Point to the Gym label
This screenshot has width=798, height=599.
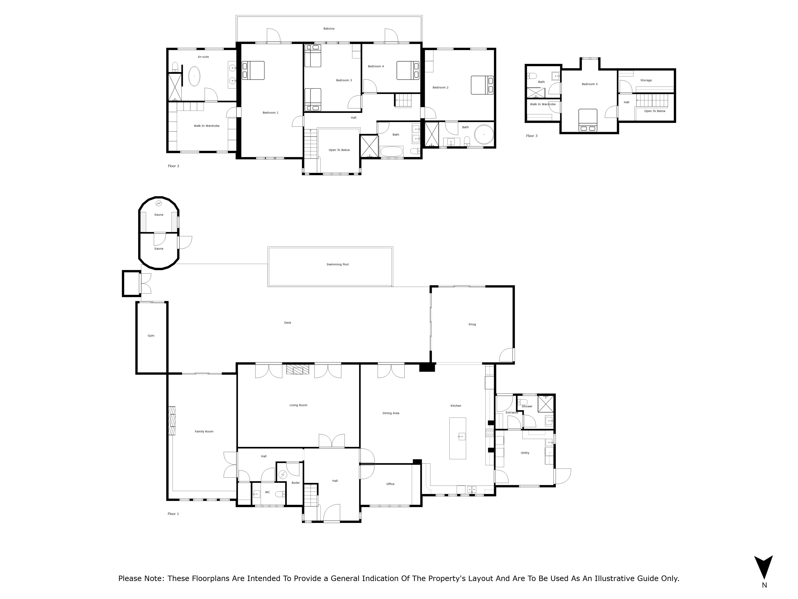click(x=151, y=336)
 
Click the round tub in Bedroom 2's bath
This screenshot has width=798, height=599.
click(x=483, y=135)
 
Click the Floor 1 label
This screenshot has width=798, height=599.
click(x=173, y=514)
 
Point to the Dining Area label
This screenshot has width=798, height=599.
click(x=391, y=413)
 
